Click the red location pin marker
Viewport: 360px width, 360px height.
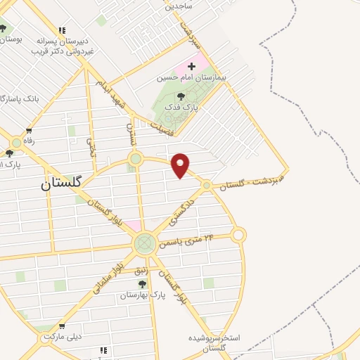(181, 165)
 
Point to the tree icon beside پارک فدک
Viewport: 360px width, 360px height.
(181, 96)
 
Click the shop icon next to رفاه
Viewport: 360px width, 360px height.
(29, 130)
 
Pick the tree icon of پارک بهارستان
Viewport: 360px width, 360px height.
(142, 284)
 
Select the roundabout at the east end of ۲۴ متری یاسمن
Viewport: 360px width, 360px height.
(238, 235)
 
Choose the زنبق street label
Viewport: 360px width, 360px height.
(161, 264)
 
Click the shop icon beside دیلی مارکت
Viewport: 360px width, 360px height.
(63, 326)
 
